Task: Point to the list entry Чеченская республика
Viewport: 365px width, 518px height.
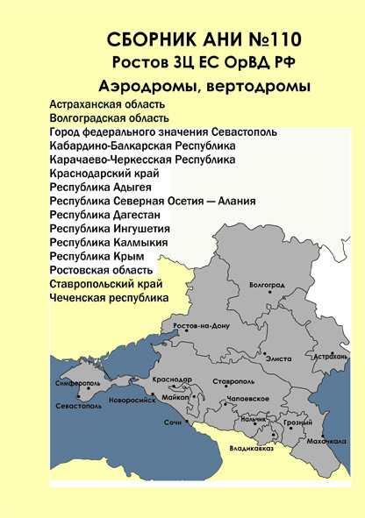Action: click(110, 298)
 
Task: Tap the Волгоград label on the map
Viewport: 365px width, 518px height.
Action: click(268, 286)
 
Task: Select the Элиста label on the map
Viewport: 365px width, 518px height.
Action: click(279, 359)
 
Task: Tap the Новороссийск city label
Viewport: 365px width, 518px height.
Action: click(132, 399)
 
